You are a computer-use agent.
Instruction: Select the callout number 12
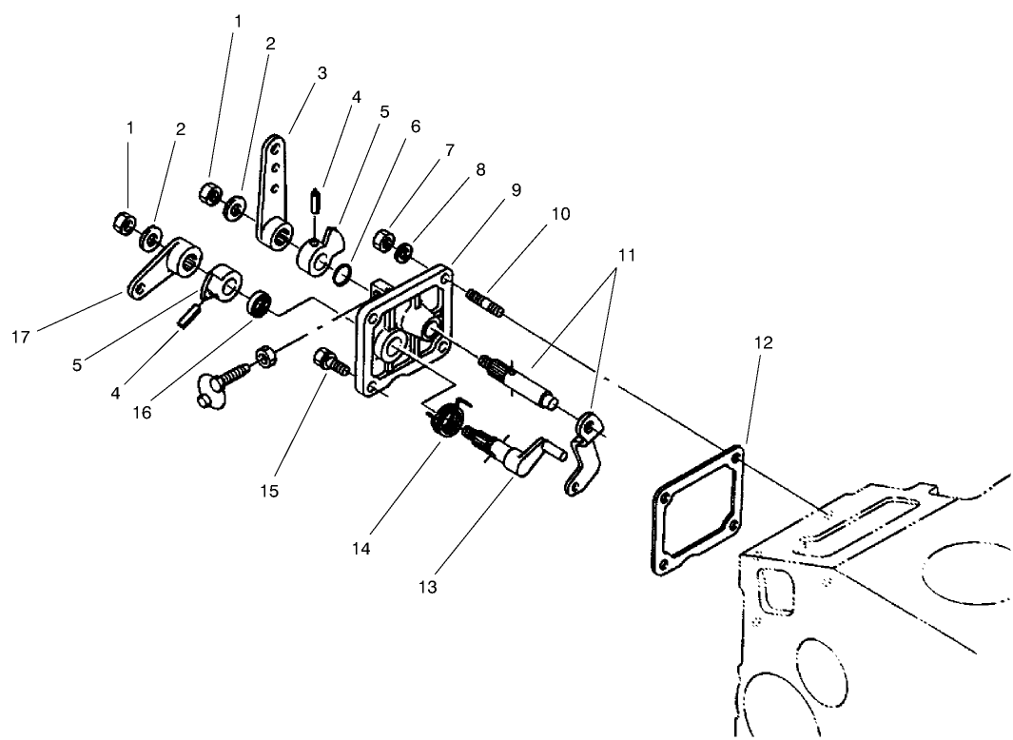coord(765,341)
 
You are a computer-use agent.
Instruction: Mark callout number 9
coord(515,190)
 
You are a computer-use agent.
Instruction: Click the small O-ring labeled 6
coord(342,277)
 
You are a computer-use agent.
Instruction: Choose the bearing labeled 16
coord(258,305)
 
